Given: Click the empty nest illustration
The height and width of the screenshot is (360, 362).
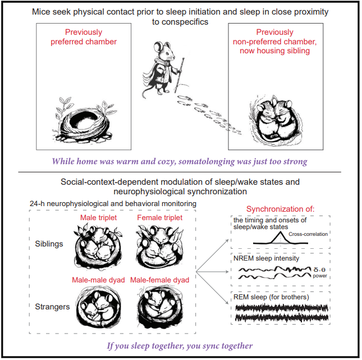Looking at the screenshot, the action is (85, 120).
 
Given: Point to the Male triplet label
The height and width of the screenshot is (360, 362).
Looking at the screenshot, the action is (98, 218).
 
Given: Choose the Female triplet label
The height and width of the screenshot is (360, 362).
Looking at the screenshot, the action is (160, 218).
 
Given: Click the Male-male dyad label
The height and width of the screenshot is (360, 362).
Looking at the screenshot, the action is (98, 280).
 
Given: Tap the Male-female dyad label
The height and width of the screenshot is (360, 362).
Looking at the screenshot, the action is (160, 280).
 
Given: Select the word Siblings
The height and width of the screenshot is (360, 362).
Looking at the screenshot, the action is (49, 244).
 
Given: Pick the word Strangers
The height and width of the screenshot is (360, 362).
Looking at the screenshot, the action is (52, 307).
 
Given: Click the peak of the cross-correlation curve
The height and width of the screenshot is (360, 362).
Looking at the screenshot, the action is (280, 232).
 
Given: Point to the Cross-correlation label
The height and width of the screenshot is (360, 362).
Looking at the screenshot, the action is (308, 234).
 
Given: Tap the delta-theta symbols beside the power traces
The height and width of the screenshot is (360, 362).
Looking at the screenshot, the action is (319, 270).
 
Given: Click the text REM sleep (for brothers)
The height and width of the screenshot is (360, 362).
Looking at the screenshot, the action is (271, 297).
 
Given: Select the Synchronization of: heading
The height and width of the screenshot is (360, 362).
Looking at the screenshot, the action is (280, 209).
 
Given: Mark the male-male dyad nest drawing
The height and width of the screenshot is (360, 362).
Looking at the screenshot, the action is (99, 306).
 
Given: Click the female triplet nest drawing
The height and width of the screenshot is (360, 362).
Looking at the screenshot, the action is (160, 247).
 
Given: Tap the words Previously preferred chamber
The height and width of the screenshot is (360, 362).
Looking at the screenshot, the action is (84, 37).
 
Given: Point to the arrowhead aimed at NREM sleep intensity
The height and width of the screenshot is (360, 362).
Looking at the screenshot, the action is (227, 272).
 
